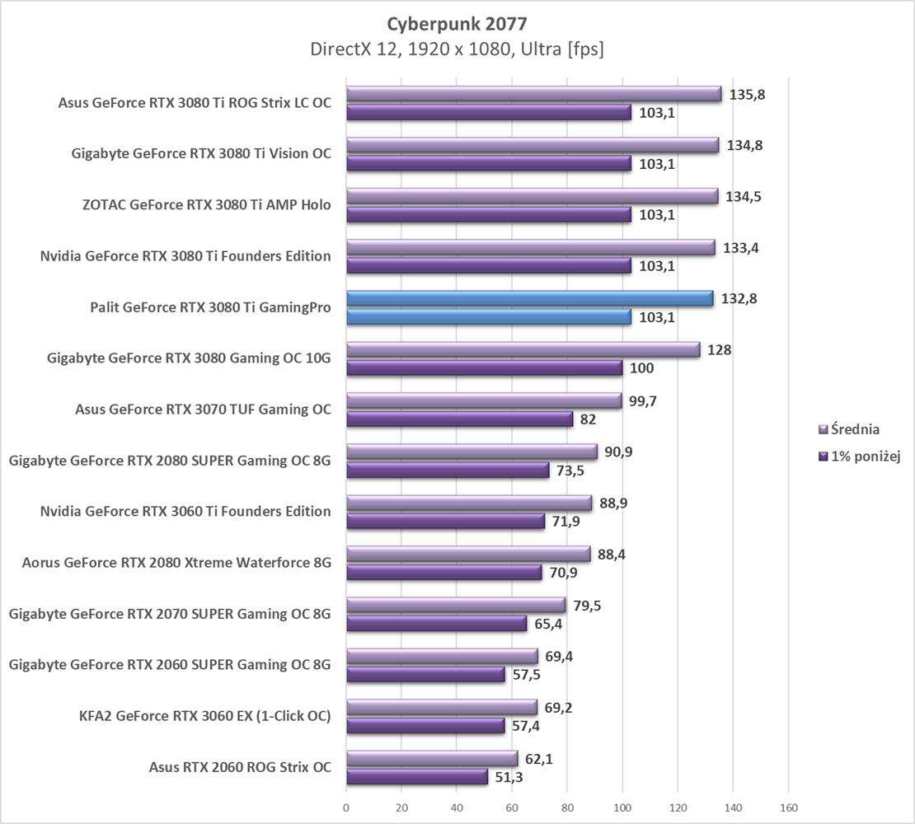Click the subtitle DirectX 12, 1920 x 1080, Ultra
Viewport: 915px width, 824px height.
[457, 49]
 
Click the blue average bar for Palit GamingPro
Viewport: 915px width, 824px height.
[529, 298]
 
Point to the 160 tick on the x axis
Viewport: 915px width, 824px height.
[788, 808]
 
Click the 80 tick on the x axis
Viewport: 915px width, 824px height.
[567, 808]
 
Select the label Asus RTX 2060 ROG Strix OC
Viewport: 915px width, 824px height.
[240, 767]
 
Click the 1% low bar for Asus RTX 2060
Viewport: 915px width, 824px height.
[416, 776]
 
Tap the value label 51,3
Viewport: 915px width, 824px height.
[509, 777]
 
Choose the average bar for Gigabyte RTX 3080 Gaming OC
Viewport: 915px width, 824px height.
[523, 349]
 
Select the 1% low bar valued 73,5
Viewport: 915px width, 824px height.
[447, 470]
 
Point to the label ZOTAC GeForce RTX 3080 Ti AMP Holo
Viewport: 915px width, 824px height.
[206, 205]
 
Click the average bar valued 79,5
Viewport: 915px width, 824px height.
[455, 605]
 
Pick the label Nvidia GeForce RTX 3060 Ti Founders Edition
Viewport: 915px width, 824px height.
[185, 512]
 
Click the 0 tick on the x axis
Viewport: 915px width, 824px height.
[346, 808]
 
